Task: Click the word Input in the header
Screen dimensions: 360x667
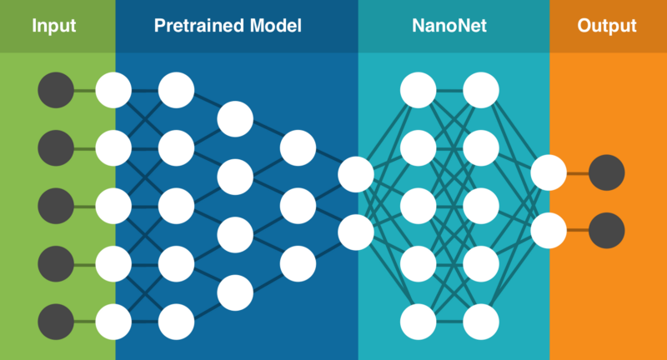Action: pos(54,26)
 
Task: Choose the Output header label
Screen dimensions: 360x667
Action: pos(607,26)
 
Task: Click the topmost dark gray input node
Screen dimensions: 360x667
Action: pos(56,90)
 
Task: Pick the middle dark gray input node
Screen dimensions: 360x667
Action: pos(56,205)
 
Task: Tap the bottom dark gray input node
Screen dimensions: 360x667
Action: pos(56,321)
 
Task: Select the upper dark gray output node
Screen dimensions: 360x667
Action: pos(607,173)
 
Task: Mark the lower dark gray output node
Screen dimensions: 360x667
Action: pos(607,231)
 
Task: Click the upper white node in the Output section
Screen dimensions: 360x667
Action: pos(549,173)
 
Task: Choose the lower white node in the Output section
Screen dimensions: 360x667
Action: pos(549,231)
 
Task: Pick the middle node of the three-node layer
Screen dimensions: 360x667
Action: pos(298,206)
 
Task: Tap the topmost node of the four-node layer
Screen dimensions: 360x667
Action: pos(235,118)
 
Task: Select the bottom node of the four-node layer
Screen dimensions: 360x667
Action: pos(235,292)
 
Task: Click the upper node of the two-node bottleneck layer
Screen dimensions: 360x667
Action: pos(356,175)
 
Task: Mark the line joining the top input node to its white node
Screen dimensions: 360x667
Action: pos(84,90)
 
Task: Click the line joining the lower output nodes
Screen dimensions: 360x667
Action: pos(578,231)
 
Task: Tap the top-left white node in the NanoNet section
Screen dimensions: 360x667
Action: pos(419,90)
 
